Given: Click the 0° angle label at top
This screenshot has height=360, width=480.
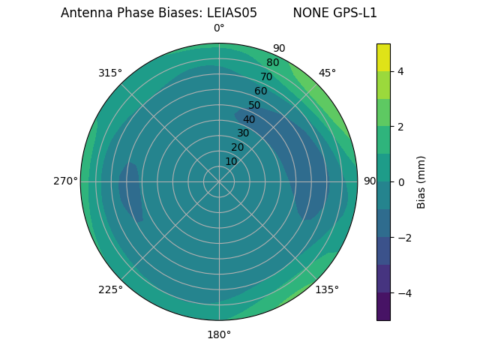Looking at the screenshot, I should point(219,28).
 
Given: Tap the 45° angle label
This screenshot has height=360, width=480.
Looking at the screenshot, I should point(327,73).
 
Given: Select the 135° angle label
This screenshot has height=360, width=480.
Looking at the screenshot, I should point(327,289).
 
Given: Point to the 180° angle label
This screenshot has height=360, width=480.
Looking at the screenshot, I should point(219,334).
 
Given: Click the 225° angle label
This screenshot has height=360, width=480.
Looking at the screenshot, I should point(110,289).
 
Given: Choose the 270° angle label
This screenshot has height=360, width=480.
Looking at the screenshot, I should point(65,181).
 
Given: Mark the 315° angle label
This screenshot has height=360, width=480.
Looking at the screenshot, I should point(110,73).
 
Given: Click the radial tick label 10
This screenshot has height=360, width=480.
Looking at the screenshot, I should point(231,161).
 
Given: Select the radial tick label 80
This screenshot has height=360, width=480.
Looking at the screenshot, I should point(272,63).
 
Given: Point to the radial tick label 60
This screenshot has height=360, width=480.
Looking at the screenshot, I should point(260,91).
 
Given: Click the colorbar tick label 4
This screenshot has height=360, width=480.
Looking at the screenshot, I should point(400,71).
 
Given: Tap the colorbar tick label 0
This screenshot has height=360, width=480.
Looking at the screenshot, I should point(400,182).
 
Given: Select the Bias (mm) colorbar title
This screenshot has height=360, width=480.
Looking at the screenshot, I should point(421,182).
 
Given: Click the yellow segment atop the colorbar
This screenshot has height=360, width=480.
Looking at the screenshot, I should point(383,57).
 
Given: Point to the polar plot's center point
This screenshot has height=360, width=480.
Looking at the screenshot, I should point(219,181).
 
